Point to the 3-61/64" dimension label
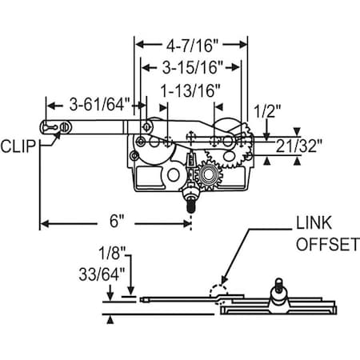click(x=95, y=104)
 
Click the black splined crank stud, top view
click(x=191, y=203)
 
